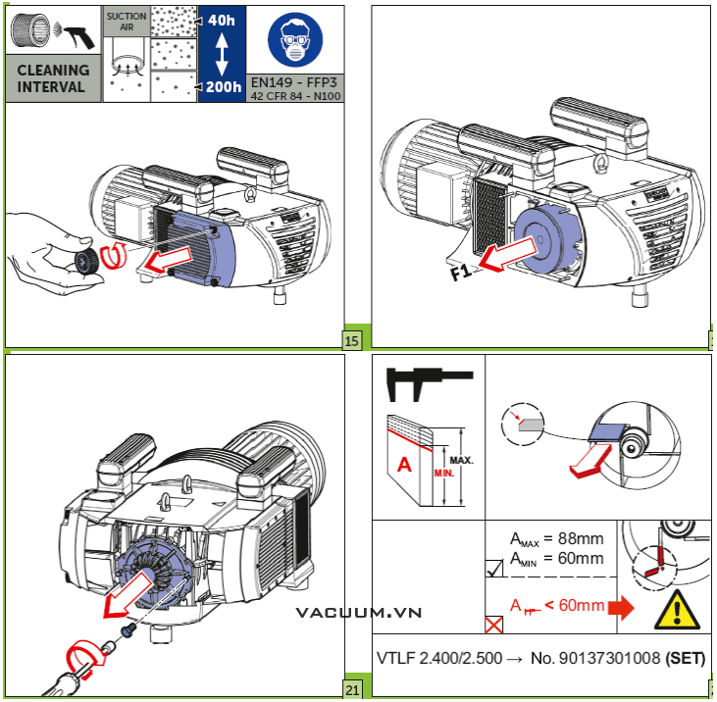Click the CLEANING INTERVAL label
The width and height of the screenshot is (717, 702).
53,78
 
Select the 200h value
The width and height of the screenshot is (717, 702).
223,87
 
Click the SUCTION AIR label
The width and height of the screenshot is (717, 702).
127,22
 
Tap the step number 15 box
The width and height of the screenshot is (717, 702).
351,341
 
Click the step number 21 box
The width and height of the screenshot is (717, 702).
353,690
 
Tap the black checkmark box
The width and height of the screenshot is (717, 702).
495,566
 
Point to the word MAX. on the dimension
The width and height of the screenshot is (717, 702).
463,458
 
